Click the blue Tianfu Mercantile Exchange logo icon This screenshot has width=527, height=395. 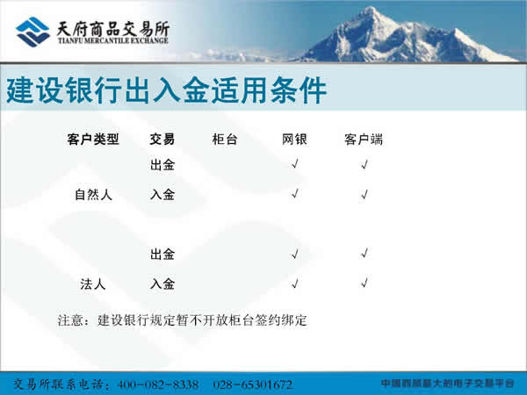pos(32,32)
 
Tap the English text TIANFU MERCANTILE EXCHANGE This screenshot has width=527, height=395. pos(113,40)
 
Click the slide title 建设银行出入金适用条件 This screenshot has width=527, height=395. pos(167,90)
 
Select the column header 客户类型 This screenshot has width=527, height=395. pos(93,140)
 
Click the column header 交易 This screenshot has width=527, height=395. pos(162,140)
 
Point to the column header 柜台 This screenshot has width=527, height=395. pos(225,140)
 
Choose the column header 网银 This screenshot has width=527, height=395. pos(294,140)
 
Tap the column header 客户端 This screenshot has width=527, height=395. pos(364,140)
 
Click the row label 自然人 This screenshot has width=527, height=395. pos(93,195)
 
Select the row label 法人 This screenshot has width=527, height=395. pos(93,284)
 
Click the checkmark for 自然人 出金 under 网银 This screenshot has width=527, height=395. pos(295,164)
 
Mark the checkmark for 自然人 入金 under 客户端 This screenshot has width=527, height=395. pos(365,194)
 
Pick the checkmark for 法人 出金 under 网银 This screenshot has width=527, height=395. pos(295,254)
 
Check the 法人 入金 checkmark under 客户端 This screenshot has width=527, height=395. pos(365,283)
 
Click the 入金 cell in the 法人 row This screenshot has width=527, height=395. pos(162,284)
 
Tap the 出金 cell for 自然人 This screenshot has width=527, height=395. pos(162,165)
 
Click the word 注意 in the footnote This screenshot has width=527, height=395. pos(70,320)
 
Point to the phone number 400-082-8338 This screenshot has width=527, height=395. pos(157,384)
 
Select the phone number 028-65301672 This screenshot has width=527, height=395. pos(252,384)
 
